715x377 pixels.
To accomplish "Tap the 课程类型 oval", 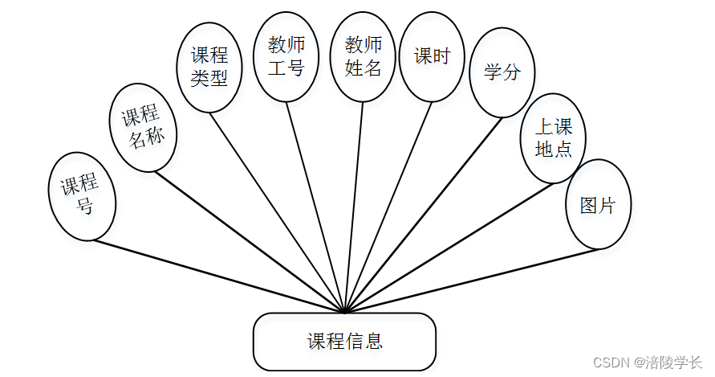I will [209, 67].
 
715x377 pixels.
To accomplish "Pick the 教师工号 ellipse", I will [286, 57].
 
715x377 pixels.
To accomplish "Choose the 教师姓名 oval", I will [363, 57].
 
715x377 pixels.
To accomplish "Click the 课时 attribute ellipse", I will [432, 57].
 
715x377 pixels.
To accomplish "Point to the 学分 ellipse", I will [502, 72].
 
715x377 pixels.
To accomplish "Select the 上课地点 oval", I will [553, 138].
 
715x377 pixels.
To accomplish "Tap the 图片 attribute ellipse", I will [598, 204].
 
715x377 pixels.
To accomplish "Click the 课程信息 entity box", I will [344, 341].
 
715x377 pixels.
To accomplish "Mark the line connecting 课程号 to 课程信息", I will [217, 276].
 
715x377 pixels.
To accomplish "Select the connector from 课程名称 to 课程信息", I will [249, 241].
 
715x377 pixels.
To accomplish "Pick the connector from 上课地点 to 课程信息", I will [449, 247].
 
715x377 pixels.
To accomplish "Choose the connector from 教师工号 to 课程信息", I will [315, 207].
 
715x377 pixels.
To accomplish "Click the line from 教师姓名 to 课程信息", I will [353, 207].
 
